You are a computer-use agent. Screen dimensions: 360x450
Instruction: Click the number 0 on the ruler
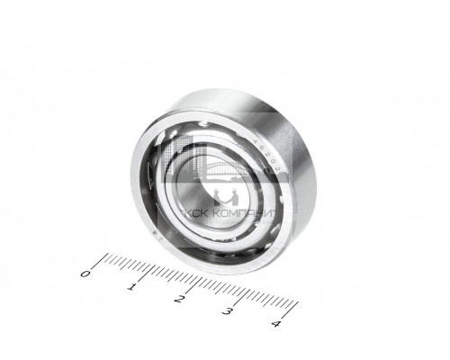pyautogui.click(x=85, y=273)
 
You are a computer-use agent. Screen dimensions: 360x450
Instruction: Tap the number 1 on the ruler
pyautogui.click(x=133, y=286)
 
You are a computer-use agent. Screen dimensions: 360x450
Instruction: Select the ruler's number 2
pyautogui.click(x=181, y=299)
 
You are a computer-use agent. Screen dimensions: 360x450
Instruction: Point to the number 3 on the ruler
pyautogui.click(x=229, y=311)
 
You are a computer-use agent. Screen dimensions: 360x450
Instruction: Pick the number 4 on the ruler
pyautogui.click(x=275, y=324)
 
